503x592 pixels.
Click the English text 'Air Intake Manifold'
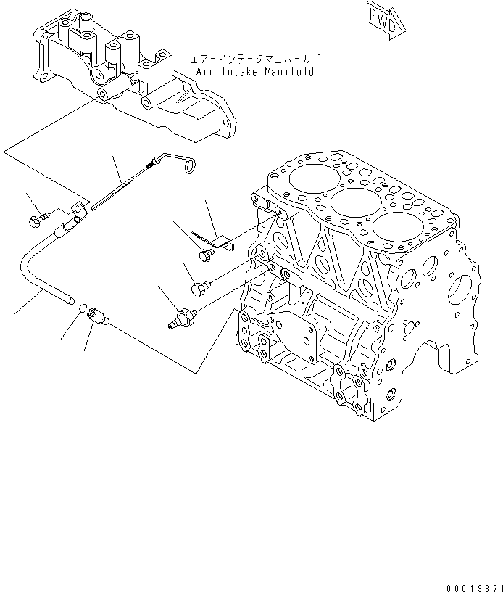point(255,73)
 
